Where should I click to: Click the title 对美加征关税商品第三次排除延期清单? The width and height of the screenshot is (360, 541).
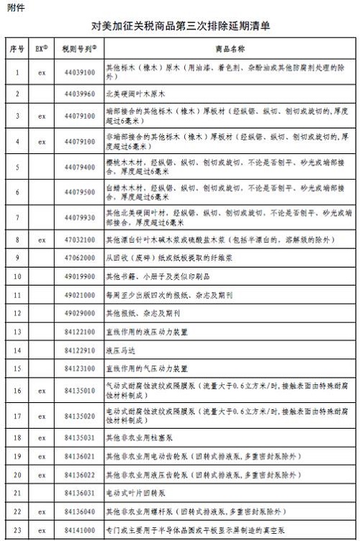(179, 27)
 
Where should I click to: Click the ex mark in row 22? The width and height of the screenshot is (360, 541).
(42, 512)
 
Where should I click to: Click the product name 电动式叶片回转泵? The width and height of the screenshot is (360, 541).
(132, 494)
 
